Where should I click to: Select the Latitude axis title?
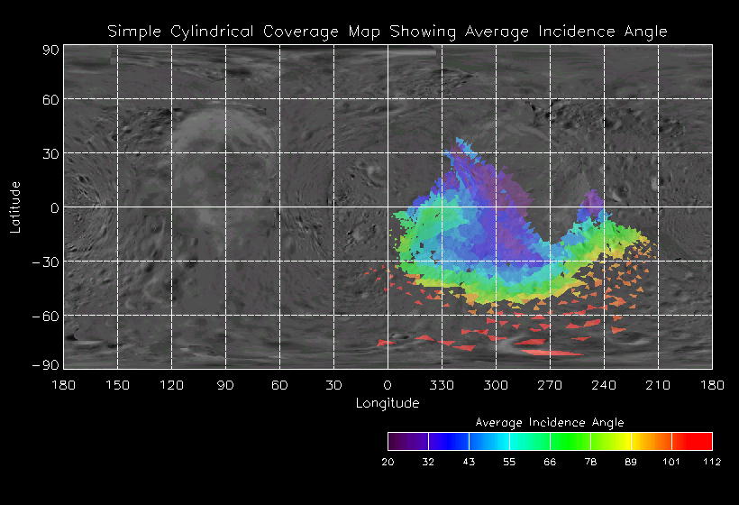coord(15,207)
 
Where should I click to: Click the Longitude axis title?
coord(388,403)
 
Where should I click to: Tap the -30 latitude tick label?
coord(46,262)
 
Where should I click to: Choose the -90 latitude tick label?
coord(46,364)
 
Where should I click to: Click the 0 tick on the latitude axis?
coord(54,207)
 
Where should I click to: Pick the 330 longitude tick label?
coord(442,385)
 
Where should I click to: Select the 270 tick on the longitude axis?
coord(550,385)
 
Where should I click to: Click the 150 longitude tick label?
coord(117,385)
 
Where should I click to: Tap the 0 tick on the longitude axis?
coord(388,385)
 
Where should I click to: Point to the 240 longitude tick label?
coord(604,385)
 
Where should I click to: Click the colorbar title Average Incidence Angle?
coord(549,422)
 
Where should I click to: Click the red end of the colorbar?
coord(702,441)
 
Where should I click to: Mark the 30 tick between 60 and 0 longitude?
coord(333,385)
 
